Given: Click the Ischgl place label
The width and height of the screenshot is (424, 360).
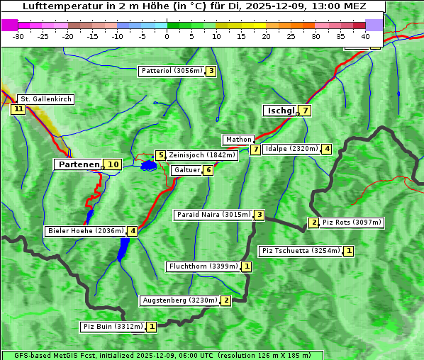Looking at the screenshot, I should pyautogui.click(x=281, y=111).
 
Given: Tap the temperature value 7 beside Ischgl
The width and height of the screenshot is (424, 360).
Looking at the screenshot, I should pyautogui.click(x=305, y=111).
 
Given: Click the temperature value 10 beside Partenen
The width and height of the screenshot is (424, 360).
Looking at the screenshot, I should pyautogui.click(x=113, y=164).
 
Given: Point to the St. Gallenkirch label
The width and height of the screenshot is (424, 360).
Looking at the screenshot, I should pyautogui.click(x=45, y=99).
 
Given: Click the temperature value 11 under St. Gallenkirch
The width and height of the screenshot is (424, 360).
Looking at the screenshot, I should pyautogui.click(x=18, y=109).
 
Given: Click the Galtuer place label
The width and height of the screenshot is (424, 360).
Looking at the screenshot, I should pyautogui.click(x=187, y=170).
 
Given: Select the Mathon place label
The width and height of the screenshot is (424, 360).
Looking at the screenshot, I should pyautogui.click(x=238, y=140).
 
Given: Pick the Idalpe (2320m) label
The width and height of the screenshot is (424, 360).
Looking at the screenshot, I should pyautogui.click(x=291, y=149).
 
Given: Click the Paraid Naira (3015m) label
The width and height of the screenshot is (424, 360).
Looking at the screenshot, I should pyautogui.click(x=213, y=215).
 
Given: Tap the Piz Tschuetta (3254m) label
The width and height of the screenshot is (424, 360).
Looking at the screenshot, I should pyautogui.click(x=301, y=251).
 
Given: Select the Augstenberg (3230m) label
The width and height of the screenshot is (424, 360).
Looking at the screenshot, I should pyautogui.click(x=179, y=300).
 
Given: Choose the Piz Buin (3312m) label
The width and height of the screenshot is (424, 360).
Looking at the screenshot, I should pyautogui.click(x=113, y=327).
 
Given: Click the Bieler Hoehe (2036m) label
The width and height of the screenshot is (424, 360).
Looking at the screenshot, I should pyautogui.click(x=86, y=231).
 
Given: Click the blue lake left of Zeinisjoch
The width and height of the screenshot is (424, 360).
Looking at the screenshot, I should pyautogui.click(x=148, y=166).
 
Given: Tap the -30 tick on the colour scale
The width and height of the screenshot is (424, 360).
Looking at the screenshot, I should pyautogui.click(x=19, y=36).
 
